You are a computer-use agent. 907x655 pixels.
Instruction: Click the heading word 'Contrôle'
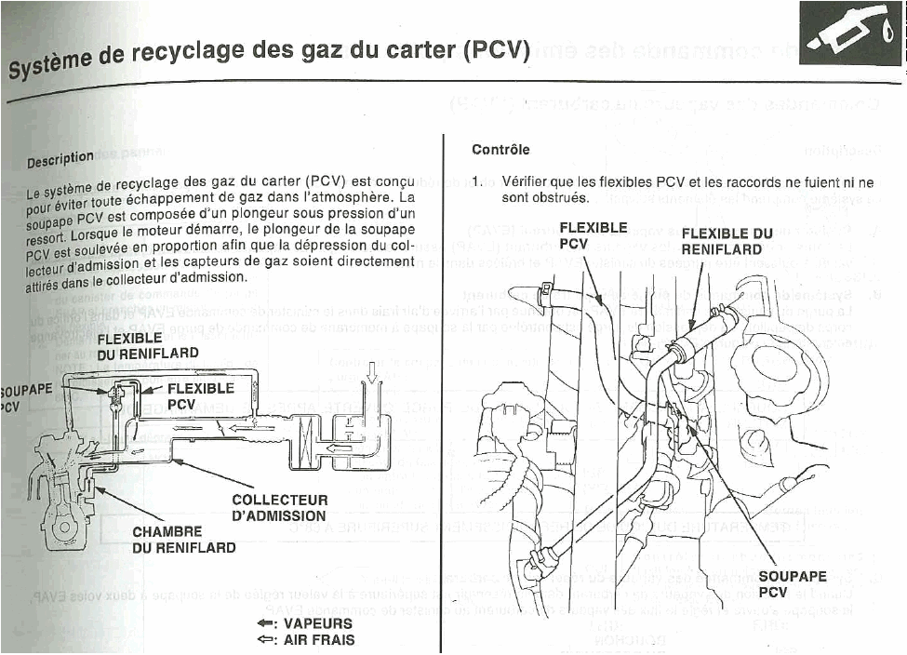pyautogui.click(x=500, y=149)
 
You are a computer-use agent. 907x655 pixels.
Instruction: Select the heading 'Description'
pyautogui.click(x=60, y=160)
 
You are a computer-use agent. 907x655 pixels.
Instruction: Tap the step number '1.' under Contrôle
pyautogui.click(x=478, y=181)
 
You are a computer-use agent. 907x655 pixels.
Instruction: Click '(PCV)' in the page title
pyautogui.click(x=496, y=48)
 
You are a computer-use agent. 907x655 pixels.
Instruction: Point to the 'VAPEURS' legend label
pyautogui.click(x=317, y=623)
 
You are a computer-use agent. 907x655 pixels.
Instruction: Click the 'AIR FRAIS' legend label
pyautogui.click(x=318, y=640)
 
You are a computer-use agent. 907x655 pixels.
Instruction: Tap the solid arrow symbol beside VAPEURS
pyautogui.click(x=267, y=623)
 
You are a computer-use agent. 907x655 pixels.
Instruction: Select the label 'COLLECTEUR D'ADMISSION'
pyautogui.click(x=279, y=508)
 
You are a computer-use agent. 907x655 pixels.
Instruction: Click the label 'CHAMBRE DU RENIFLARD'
pyautogui.click(x=183, y=540)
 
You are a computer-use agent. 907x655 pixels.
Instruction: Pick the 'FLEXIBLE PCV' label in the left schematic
pyautogui.click(x=200, y=396)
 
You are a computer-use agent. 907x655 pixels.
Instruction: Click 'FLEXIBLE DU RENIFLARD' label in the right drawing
pyautogui.click(x=727, y=241)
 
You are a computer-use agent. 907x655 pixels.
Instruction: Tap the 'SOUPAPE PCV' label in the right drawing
pyautogui.click(x=792, y=583)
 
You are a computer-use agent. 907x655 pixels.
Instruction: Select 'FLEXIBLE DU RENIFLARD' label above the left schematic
pyautogui.click(x=148, y=345)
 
